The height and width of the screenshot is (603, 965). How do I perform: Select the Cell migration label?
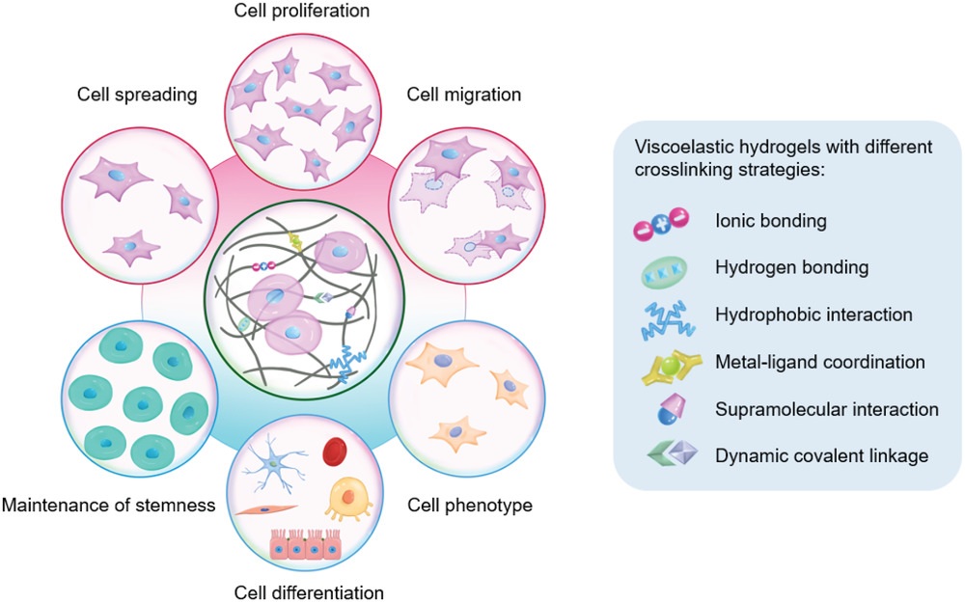(x=463, y=95)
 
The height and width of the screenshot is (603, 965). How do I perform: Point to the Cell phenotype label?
(x=470, y=505)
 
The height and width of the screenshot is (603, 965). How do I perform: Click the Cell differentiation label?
(x=310, y=590)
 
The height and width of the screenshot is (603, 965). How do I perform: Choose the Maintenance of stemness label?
(x=108, y=505)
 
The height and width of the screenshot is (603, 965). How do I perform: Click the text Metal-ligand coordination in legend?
(x=820, y=363)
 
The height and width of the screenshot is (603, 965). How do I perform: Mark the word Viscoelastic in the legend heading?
(x=675, y=149)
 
